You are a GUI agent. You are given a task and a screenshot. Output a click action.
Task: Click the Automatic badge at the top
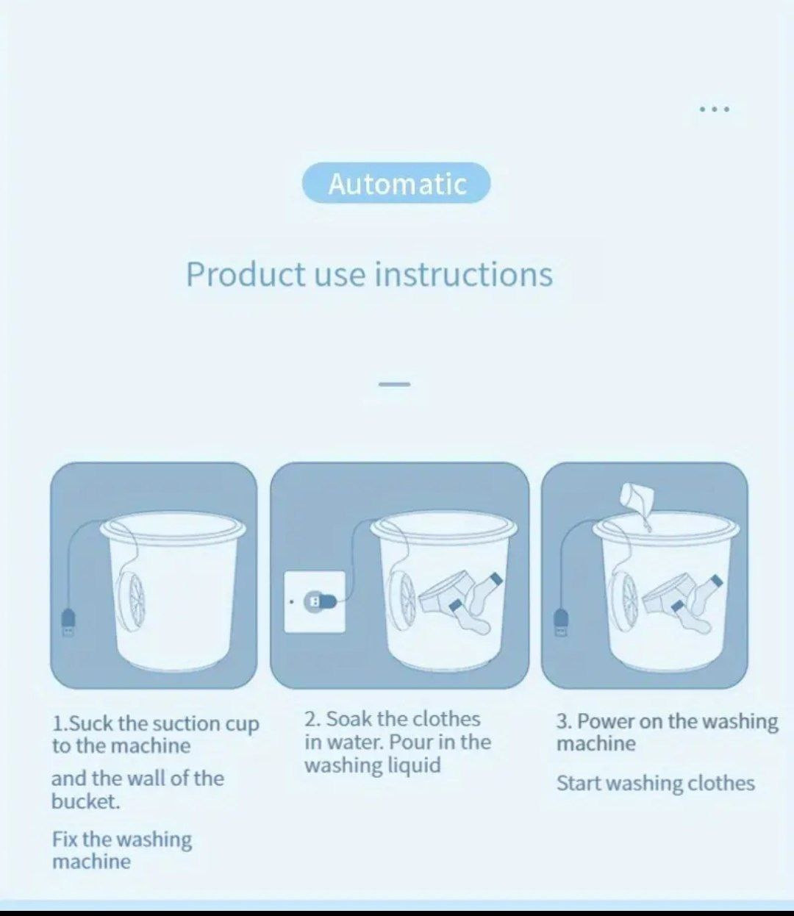[396, 183]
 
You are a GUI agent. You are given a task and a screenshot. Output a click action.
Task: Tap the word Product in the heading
[246, 274]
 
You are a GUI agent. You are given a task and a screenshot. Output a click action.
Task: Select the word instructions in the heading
[464, 274]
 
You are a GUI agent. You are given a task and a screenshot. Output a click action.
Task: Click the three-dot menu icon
[715, 109]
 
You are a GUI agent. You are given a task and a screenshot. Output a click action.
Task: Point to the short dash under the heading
[394, 384]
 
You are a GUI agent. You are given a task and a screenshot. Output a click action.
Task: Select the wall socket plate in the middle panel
[315, 602]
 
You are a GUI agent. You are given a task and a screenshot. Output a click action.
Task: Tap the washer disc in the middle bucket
[402, 601]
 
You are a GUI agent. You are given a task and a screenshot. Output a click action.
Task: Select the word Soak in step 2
[350, 719]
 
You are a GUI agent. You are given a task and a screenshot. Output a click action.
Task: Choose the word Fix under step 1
[66, 839]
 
